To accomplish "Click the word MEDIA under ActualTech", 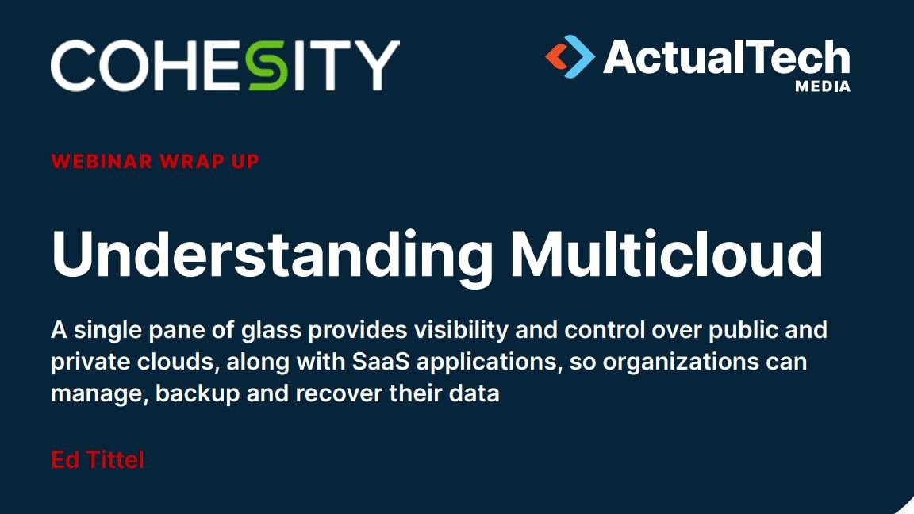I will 822,86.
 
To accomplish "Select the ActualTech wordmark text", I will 726,57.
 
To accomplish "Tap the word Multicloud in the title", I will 665,252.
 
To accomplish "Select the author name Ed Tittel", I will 98,459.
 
